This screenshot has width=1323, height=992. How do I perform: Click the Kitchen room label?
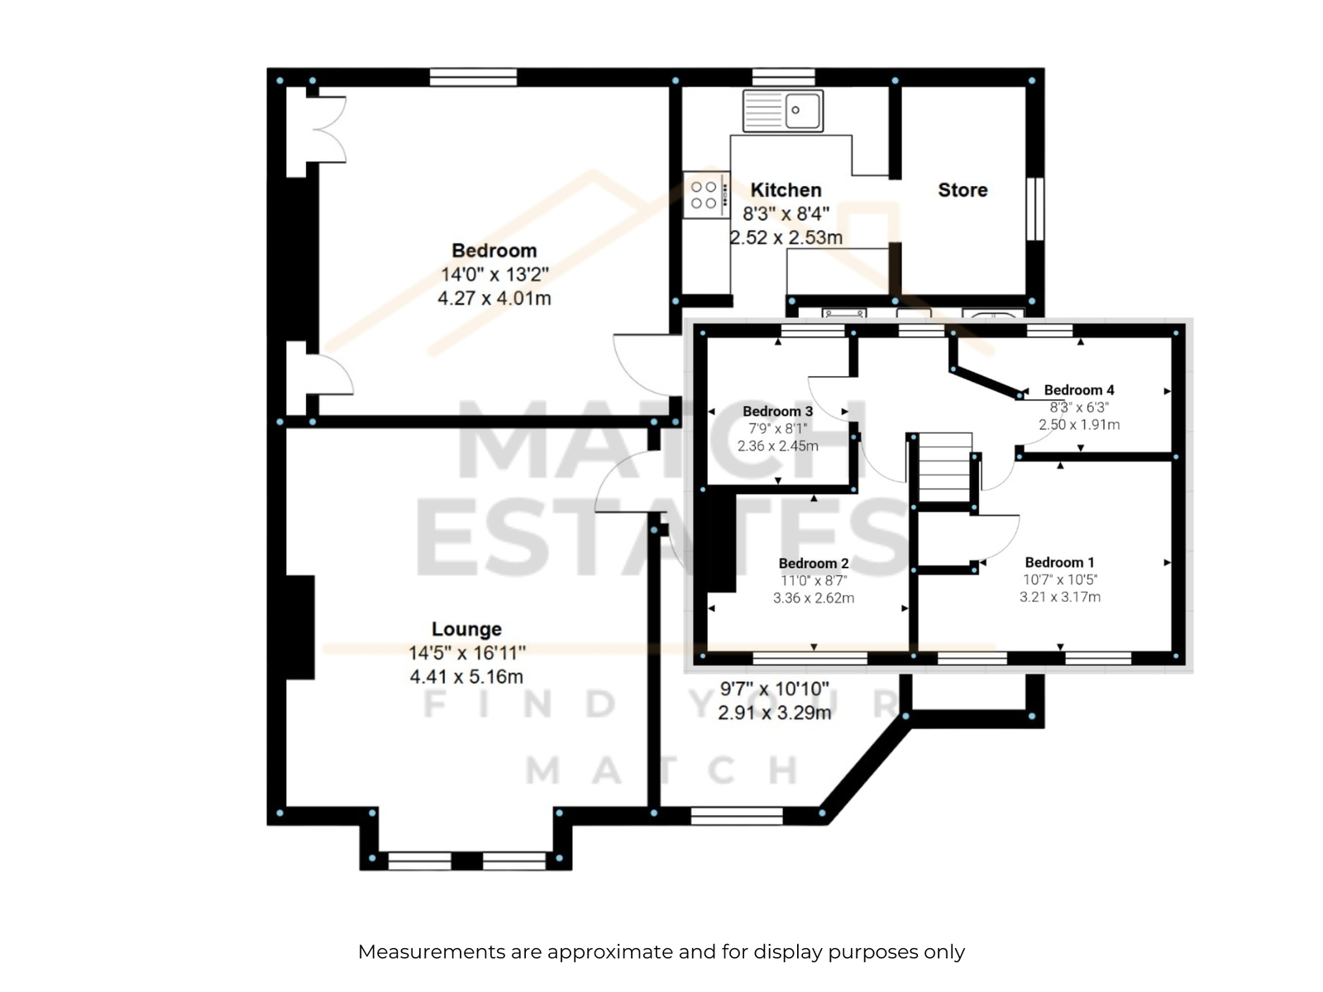coord(786,190)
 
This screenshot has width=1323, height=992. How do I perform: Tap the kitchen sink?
coord(783,111)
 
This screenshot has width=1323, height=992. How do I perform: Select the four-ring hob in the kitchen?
coord(706,195)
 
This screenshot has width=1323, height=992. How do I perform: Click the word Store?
coord(962,190)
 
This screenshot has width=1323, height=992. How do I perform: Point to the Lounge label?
coord(466,629)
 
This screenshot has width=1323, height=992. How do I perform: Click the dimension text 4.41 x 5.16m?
coord(466,677)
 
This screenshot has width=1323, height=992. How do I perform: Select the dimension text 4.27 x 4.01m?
coord(494,298)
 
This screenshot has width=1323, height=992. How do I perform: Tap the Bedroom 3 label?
coord(777,412)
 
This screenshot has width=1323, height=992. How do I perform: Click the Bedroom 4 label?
coord(1079,390)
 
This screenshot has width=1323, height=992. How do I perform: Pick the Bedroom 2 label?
coord(814,564)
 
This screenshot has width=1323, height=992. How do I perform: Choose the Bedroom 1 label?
coord(1059,563)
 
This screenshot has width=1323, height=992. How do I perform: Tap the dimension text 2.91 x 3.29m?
coord(775,713)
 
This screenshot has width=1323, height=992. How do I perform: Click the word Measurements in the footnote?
coord(432,952)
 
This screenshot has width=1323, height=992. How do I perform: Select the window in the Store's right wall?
coord(1035,208)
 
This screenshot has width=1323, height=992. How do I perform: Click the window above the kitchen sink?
coord(784,77)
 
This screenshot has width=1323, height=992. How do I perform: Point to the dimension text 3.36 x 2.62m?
coord(814,598)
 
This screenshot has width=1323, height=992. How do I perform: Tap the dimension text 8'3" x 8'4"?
coord(786,214)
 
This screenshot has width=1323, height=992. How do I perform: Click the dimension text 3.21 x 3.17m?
coord(1059,597)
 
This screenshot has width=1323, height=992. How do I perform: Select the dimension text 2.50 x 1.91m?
coord(1079,425)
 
